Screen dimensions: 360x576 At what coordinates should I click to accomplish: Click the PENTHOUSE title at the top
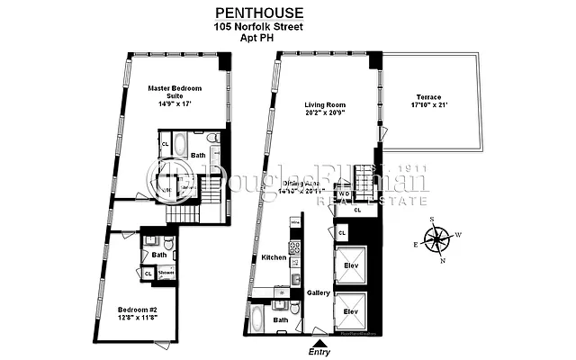click(257, 13)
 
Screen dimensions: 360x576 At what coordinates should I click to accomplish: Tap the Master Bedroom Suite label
click(175, 94)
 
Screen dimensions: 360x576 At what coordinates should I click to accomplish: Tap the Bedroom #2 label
click(134, 310)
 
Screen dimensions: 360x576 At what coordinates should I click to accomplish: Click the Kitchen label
click(274, 257)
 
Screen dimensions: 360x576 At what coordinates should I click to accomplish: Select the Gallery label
click(318, 293)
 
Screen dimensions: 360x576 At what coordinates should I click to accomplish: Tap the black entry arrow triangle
click(319, 342)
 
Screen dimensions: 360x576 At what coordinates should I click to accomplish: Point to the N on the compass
click(443, 261)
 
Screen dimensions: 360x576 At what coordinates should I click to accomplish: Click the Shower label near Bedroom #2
click(166, 271)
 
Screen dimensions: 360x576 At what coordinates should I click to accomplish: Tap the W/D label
click(344, 193)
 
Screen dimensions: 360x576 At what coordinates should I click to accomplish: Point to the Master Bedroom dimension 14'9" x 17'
click(175, 104)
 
